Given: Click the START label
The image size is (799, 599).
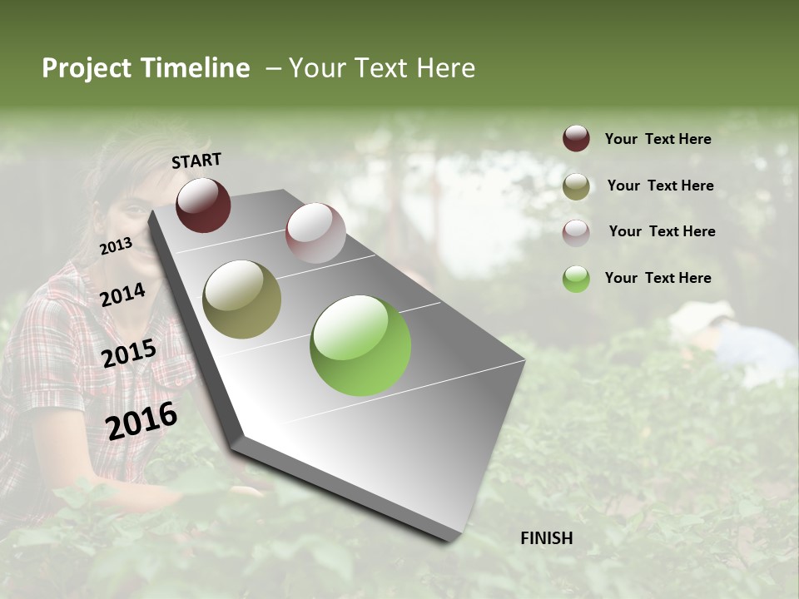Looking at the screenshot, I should pyautogui.click(x=196, y=161).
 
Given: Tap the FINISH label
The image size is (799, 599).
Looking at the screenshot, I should pyautogui.click(x=547, y=538).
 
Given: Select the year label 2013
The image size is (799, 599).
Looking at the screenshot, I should pyautogui.click(x=116, y=246).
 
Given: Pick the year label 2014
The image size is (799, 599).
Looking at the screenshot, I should pyautogui.click(x=123, y=295).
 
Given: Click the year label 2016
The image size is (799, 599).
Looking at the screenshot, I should pyautogui.click(x=141, y=420).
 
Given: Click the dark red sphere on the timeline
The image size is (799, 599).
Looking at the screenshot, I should pyautogui.click(x=203, y=205).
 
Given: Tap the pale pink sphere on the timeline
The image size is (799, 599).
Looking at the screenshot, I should pyautogui.click(x=315, y=233).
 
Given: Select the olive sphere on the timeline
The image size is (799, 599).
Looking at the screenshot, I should pyautogui.click(x=242, y=299).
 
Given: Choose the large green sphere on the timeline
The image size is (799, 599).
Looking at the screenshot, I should pyautogui.click(x=360, y=345).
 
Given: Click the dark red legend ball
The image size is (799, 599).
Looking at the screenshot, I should pyautogui.click(x=576, y=139).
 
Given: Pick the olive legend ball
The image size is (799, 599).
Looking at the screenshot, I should pyautogui.click(x=576, y=186).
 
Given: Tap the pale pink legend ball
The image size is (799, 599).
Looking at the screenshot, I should pyautogui.click(x=576, y=233).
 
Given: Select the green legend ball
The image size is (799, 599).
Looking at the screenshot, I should pyautogui.click(x=576, y=279).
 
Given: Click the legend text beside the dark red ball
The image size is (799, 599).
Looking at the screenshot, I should pyautogui.click(x=658, y=139).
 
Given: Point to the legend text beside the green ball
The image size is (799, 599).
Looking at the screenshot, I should pyautogui.click(x=658, y=278).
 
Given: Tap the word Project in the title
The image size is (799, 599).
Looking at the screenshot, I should pyautogui.click(x=85, y=68).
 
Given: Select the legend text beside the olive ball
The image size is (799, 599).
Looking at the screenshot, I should pyautogui.click(x=660, y=186).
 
